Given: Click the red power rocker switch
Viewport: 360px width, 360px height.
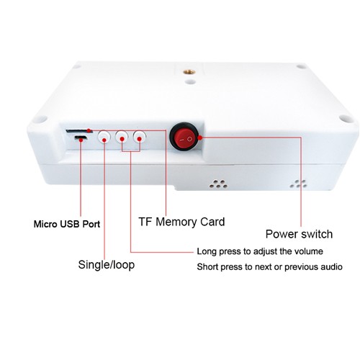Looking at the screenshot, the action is pyautogui.click(x=184, y=138).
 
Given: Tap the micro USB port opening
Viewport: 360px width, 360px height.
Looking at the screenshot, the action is pyautogui.click(x=81, y=138).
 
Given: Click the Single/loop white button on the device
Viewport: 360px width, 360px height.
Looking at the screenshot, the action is pyautogui.click(x=104, y=137).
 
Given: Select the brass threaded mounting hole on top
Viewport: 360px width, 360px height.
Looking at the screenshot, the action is pyautogui.click(x=189, y=72).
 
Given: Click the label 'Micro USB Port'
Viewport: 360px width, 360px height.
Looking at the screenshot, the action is pyautogui.click(x=67, y=224).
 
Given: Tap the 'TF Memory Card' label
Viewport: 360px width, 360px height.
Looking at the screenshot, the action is pyautogui.click(x=181, y=222).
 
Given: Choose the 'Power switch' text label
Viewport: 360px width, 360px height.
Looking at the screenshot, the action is pyautogui.click(x=299, y=234).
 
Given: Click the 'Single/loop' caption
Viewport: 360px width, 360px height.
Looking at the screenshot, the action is pyautogui.click(x=107, y=265).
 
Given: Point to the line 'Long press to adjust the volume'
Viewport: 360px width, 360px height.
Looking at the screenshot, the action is pyautogui.click(x=260, y=251).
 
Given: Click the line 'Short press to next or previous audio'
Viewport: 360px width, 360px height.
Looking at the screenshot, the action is pyautogui.click(x=269, y=267).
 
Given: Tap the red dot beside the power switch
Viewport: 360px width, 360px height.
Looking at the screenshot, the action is pyautogui.click(x=199, y=138).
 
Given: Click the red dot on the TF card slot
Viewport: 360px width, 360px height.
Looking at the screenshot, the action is pyautogui.click(x=89, y=130).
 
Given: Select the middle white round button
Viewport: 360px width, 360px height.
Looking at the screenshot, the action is pyautogui.click(x=122, y=137).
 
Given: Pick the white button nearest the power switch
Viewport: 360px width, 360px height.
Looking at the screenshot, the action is pyautogui.click(x=140, y=137).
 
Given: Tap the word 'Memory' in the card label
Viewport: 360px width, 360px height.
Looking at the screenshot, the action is pyautogui.click(x=176, y=222).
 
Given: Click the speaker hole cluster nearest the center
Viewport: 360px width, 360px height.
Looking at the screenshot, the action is pyautogui.click(x=218, y=184).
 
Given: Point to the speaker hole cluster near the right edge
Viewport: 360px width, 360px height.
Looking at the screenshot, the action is pyautogui.click(x=298, y=184).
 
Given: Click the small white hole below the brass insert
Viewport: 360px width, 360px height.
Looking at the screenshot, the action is pyautogui.click(x=190, y=81).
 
